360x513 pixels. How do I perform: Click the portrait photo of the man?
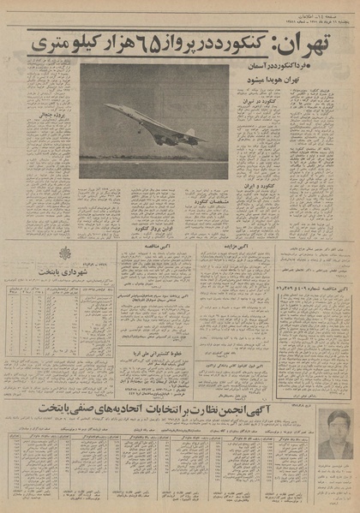333,432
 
